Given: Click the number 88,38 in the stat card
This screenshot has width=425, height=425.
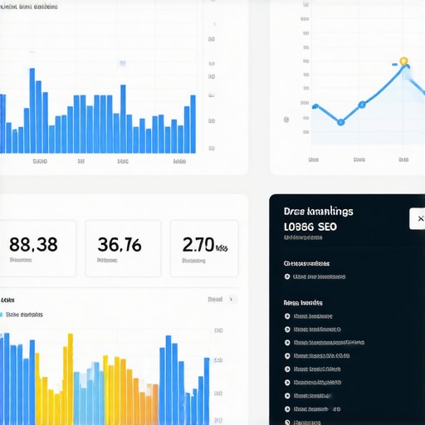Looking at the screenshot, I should tap(33, 244).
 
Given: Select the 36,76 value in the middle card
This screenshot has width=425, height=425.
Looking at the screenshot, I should tap(119, 244).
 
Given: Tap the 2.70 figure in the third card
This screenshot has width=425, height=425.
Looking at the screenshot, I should tap(199, 244).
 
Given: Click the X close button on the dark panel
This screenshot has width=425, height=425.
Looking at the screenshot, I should tap(416, 219).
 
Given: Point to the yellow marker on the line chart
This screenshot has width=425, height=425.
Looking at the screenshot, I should tap(403, 61).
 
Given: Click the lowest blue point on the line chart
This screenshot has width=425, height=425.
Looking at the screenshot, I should tap(340, 121).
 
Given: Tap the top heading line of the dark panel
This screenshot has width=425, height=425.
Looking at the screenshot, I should tap(318, 212).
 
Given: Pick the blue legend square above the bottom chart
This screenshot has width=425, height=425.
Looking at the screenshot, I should tap(2, 315).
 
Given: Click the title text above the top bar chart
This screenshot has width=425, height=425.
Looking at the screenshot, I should tap(29, 7).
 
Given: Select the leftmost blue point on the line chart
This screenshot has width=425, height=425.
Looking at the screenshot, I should tap(315, 106).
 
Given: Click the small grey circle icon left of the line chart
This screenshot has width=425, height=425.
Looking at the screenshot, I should tap(286, 120).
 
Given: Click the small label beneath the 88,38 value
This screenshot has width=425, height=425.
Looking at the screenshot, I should tap(22, 260).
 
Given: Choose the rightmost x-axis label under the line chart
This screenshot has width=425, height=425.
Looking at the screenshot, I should tap(403, 159).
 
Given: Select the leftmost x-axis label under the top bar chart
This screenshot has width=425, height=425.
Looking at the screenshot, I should tap(39, 162).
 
